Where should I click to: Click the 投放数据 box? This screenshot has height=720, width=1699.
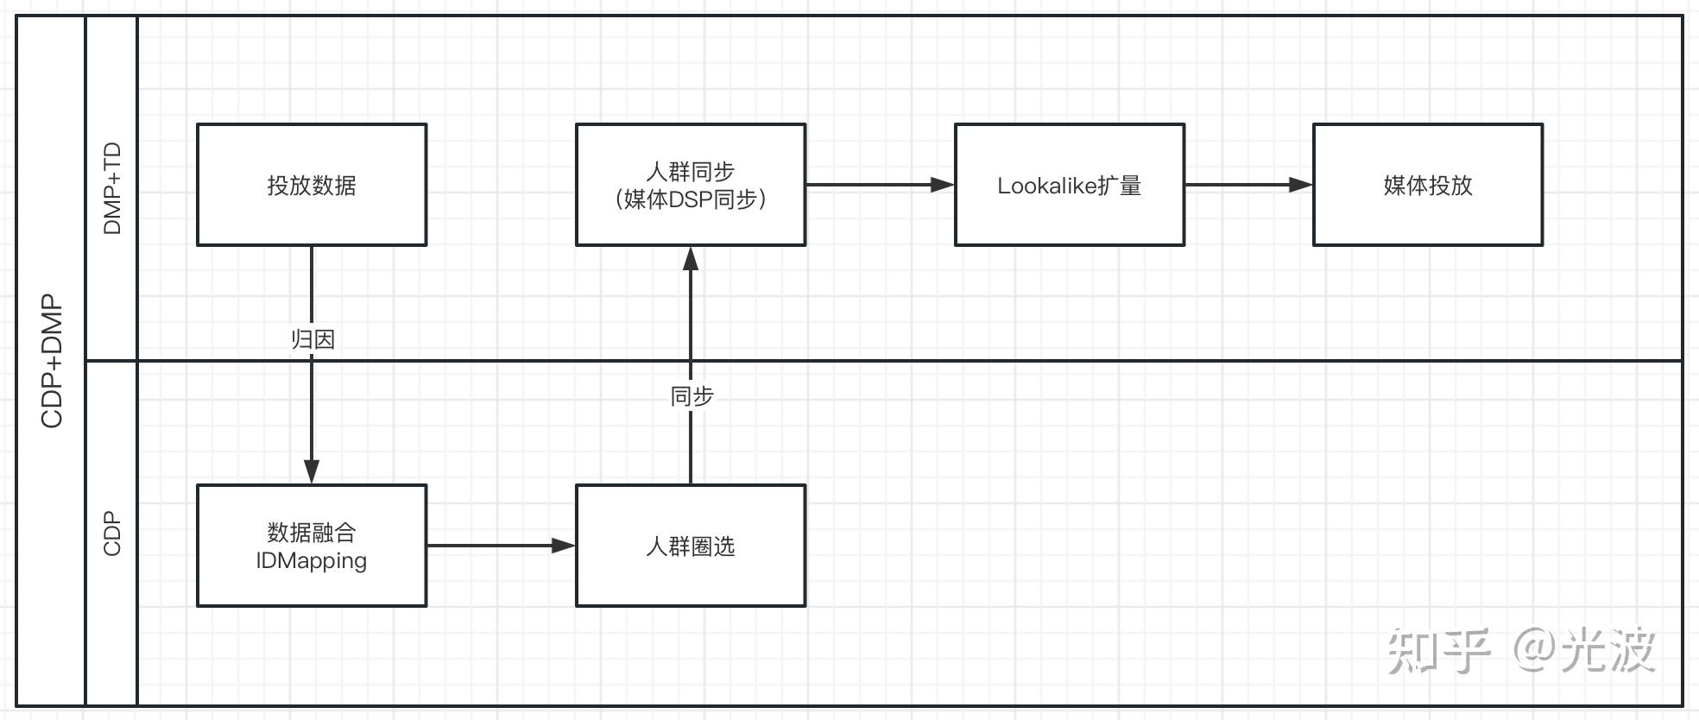[x=311, y=185]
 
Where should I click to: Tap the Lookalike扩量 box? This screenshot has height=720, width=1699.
[x=1069, y=185]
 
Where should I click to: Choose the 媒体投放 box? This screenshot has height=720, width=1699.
[x=1427, y=185]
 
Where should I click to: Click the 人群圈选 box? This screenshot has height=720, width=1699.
[x=690, y=546]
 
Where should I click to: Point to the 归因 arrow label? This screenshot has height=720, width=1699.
[x=312, y=339]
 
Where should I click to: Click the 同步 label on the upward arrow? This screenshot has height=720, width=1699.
[x=692, y=396]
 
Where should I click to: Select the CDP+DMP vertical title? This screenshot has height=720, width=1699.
[x=52, y=361]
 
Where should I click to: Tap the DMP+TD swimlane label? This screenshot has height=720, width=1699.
[x=112, y=188]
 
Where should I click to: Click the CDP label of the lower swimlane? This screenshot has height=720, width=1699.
[x=112, y=534]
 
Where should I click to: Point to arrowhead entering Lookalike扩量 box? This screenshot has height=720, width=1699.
[x=943, y=185]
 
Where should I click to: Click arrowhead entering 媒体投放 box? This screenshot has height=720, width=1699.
[x=1301, y=185]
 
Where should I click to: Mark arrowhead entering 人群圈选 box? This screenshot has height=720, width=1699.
[x=564, y=546]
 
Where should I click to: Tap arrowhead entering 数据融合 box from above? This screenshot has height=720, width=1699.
[x=312, y=471]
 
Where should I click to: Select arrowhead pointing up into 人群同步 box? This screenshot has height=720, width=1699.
[x=691, y=258]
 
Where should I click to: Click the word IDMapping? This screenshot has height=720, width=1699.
[x=311, y=561]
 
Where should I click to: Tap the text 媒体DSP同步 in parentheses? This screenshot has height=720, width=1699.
[x=690, y=199]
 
